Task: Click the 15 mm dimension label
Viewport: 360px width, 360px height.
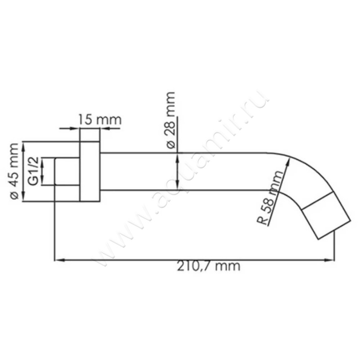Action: coord(99,120)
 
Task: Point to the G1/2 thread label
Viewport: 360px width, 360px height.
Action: coord(32,172)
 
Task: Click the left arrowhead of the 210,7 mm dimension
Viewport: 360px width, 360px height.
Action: coord(57,260)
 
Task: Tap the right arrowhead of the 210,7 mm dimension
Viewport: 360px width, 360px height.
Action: coord(331,260)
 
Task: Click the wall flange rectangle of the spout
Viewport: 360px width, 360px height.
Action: coord(90,171)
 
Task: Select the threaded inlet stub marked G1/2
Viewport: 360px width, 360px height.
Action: coord(67,171)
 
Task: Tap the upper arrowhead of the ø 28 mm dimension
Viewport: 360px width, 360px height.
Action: coord(178,156)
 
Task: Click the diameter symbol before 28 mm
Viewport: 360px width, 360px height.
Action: coord(170,144)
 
